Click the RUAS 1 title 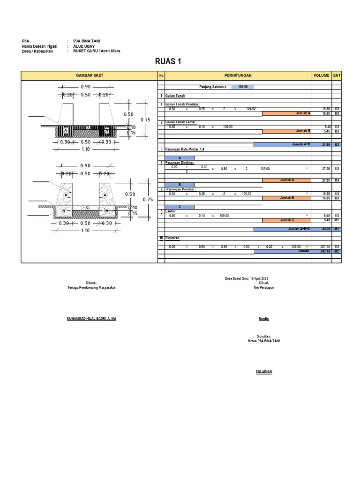168,61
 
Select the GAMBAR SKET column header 90,75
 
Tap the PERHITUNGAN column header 238,75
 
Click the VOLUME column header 321,75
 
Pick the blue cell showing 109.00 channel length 242,87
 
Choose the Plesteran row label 173,238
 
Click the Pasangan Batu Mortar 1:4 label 185,149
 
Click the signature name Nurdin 264,319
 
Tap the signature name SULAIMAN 264,372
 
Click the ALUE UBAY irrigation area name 83,47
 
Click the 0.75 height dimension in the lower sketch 148,199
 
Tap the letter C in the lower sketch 87,207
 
